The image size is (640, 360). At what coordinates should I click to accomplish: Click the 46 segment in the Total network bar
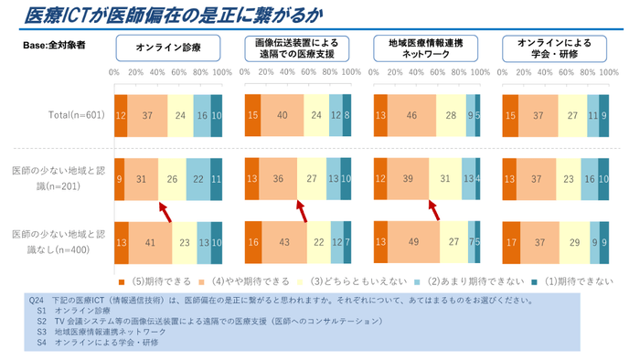click(x=412, y=115)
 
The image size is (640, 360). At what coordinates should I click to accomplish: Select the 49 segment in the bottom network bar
click(x=414, y=242)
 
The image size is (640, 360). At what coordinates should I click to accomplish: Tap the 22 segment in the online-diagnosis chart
click(x=197, y=178)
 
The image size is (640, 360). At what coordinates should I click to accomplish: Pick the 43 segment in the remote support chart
click(x=285, y=242)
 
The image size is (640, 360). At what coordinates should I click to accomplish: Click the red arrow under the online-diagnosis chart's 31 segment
click(x=165, y=211)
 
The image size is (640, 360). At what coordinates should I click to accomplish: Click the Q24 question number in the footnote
click(x=37, y=300)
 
